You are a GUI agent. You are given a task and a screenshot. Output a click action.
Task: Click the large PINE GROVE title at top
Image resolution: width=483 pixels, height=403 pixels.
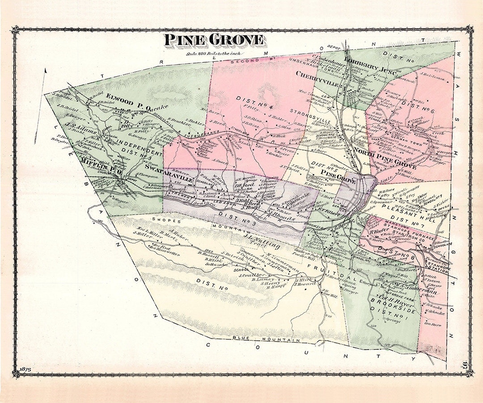(x=213, y=40)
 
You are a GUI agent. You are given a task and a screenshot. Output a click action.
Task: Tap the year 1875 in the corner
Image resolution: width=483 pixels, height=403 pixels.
(x=24, y=368)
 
